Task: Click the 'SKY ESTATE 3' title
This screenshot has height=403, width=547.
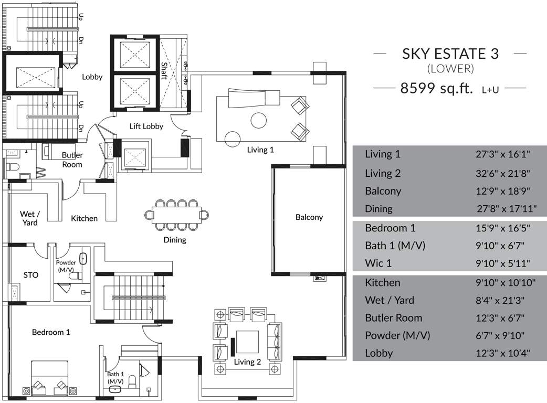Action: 450,54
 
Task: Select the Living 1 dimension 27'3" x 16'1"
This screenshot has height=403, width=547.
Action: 503,154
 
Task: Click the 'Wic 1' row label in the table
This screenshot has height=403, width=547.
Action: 378,263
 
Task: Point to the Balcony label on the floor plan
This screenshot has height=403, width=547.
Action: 309,217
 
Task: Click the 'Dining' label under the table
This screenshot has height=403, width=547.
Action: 174,240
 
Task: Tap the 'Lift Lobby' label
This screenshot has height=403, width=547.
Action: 146,126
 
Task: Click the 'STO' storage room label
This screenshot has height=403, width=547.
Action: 31,274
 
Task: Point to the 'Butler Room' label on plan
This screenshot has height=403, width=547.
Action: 72,160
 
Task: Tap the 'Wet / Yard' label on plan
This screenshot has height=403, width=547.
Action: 29,218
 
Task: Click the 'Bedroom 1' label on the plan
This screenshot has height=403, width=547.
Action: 51,332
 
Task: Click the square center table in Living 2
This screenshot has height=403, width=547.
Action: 247,342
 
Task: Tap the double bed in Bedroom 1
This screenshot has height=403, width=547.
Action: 49,378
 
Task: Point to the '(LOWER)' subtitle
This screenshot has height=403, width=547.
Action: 450,68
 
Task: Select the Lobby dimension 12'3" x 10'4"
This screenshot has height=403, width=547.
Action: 503,353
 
